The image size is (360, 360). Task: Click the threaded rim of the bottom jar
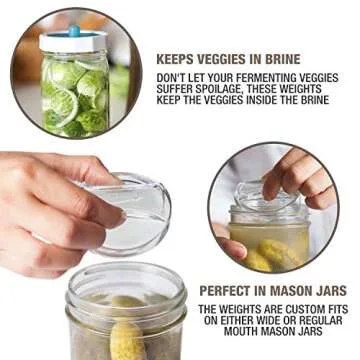(x=112, y=285)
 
